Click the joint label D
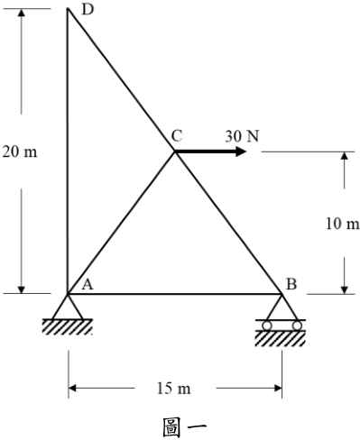[x=88, y=10]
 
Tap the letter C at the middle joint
[x=177, y=135]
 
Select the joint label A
[x=88, y=284]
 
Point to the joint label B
[x=291, y=284]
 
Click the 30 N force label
[x=242, y=136]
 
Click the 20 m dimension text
[x=20, y=151]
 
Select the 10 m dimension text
[x=343, y=224]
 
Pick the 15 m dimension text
[x=174, y=389]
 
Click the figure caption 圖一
[x=185, y=426]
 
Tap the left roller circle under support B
[x=267, y=325]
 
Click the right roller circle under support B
[x=297, y=325]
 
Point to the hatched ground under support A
[x=68, y=326]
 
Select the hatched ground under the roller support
[x=281, y=338]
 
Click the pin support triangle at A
[x=68, y=307]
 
